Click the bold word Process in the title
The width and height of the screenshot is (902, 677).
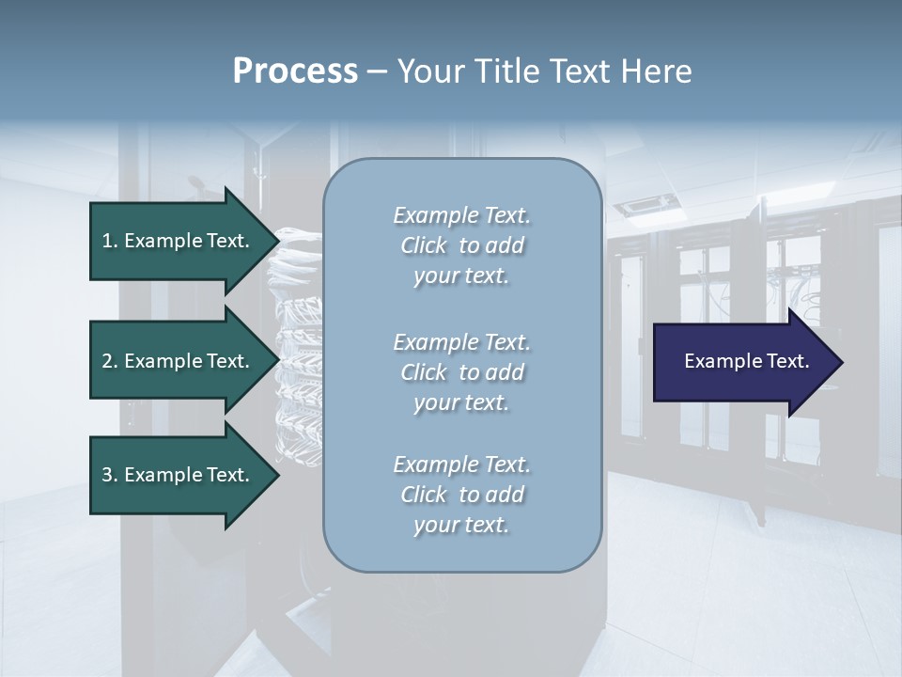[295, 71]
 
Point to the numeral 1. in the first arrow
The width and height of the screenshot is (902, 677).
[110, 241]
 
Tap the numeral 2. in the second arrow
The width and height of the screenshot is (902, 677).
[110, 361]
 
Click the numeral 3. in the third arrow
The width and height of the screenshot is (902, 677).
[110, 475]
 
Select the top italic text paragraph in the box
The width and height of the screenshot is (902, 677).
[461, 245]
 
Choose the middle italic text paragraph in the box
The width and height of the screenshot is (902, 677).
[461, 372]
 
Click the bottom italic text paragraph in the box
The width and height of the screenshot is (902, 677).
[461, 495]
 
